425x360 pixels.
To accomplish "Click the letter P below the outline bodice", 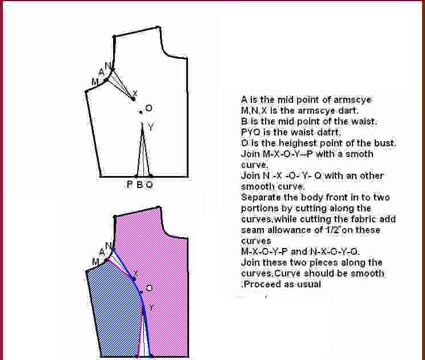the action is [130, 185].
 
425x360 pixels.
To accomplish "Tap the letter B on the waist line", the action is [139, 185].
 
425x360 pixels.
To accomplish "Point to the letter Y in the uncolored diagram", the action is [150, 127].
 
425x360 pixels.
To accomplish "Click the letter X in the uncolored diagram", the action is [135, 94].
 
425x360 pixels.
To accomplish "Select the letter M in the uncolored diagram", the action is [95, 82].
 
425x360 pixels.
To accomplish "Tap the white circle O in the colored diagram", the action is [149, 288].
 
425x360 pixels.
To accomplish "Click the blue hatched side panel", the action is [114, 309].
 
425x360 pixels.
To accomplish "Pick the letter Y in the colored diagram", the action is [151, 308].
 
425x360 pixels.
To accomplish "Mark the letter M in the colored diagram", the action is [95, 262].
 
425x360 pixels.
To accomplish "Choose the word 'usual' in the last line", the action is [309, 284].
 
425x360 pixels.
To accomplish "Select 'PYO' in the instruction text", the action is [251, 133].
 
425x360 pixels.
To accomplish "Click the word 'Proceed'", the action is [261, 284].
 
